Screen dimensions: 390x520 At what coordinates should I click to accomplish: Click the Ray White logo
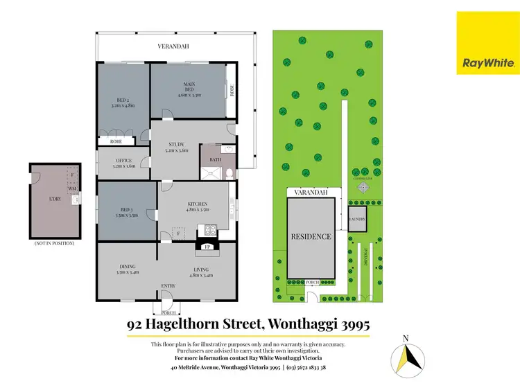pyautogui.click(x=487, y=42)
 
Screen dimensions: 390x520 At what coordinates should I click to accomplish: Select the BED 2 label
pyautogui.click(x=122, y=103)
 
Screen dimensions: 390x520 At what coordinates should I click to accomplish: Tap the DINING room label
pyautogui.click(x=127, y=269)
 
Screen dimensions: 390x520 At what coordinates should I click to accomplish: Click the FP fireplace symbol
pyautogui.click(x=206, y=247)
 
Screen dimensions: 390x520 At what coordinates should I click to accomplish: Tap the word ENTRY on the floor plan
pyautogui.click(x=168, y=285)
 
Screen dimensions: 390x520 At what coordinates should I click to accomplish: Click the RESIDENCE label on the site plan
pyautogui.click(x=311, y=236)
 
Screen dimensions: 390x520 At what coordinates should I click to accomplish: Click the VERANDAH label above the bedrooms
pyautogui.click(x=173, y=46)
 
